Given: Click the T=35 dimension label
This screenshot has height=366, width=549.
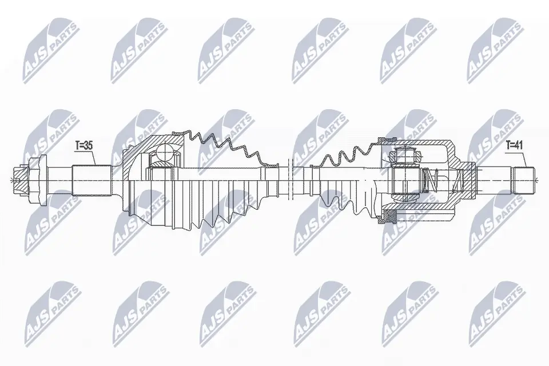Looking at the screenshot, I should [x=84, y=146].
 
